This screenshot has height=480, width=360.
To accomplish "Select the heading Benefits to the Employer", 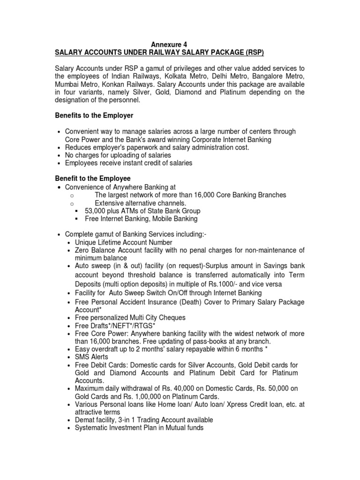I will click(94, 116).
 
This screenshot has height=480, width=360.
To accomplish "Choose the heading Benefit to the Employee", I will click(93, 179).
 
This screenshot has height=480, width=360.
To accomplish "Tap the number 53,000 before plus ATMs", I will click(96, 210).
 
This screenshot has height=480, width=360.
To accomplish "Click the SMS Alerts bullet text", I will click(91, 357).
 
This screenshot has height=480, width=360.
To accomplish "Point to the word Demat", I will click(85, 420).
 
